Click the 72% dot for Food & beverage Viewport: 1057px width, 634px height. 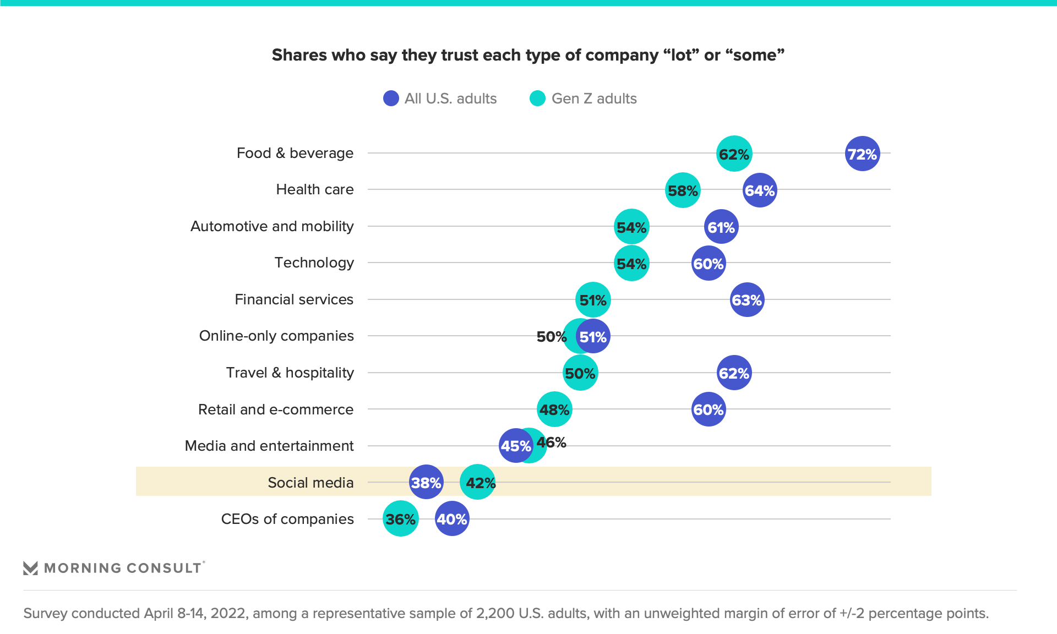click(862, 154)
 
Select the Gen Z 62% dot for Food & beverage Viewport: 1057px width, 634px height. click(734, 154)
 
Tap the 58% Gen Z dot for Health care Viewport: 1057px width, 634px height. click(683, 190)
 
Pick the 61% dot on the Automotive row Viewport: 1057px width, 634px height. click(721, 227)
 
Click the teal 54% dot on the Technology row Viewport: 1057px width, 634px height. click(631, 264)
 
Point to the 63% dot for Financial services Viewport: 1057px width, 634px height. click(747, 300)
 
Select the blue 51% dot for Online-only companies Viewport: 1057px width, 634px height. click(593, 336)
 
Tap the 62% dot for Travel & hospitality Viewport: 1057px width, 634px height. click(734, 373)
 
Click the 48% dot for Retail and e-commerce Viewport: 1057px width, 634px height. click(554, 409)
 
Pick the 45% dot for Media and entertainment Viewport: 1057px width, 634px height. click(515, 446)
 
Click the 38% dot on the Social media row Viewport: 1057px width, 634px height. click(426, 483)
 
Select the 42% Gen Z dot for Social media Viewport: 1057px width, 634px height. click(478, 483)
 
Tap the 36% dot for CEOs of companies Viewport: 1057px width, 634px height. click(400, 519)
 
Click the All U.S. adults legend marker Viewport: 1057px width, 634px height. click(391, 99)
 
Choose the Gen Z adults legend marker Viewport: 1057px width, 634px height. click(537, 99)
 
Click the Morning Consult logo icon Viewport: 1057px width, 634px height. click(30, 568)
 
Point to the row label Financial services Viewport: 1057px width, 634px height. click(294, 299)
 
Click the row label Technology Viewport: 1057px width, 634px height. click(314, 263)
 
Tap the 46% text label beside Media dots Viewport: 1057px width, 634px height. click(552, 442)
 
